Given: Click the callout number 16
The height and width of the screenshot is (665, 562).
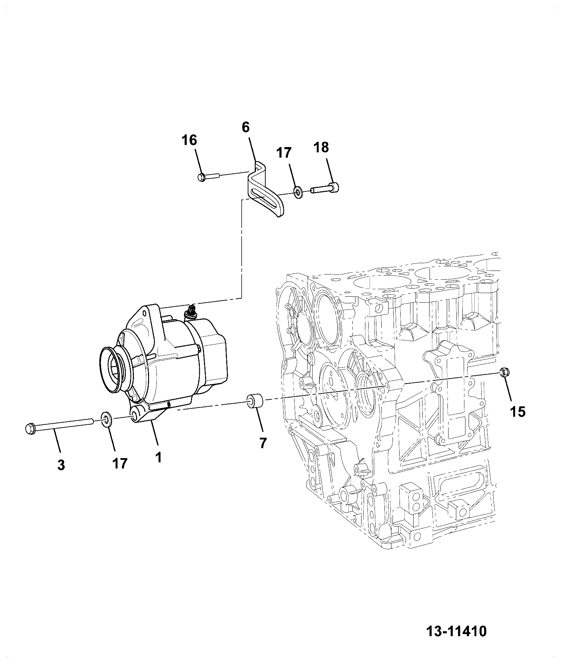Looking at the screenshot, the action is click(x=189, y=140).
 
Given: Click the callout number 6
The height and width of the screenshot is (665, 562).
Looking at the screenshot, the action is click(x=246, y=127).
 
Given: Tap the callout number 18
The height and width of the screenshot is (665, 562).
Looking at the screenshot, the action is click(x=321, y=148).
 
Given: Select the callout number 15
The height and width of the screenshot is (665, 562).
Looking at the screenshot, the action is click(x=517, y=411).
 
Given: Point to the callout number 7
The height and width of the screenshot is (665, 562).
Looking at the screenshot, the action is click(x=263, y=443).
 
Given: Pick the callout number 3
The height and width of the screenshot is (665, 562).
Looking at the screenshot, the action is click(x=61, y=465).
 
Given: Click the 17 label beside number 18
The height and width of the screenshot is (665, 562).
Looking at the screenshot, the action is click(x=284, y=153).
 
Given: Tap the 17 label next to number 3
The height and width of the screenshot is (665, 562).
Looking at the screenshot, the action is click(x=119, y=463).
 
